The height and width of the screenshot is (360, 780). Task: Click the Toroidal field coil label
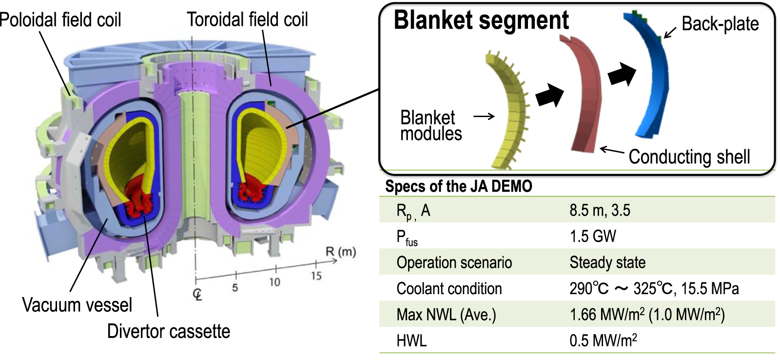coord(247,20)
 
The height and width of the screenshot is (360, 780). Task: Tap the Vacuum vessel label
coord(77,305)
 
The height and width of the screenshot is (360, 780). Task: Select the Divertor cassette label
coord(168,331)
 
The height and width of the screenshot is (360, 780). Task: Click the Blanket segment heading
coord(481,20)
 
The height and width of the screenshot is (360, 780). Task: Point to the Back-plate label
coord(720,23)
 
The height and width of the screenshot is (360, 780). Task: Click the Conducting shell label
coord(689,157)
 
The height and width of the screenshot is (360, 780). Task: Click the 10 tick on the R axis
coord(275,281)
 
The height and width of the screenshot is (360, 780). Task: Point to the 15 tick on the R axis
coord(316,276)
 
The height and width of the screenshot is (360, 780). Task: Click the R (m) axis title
coord(341,252)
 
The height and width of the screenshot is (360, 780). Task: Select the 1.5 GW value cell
coord(593,237)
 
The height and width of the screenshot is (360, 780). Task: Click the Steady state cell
coord(607,262)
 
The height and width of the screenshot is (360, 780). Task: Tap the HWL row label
coord(411,340)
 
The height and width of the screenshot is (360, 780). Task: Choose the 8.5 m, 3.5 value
coord(600,210)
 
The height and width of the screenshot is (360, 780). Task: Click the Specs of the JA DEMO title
coord(458,186)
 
